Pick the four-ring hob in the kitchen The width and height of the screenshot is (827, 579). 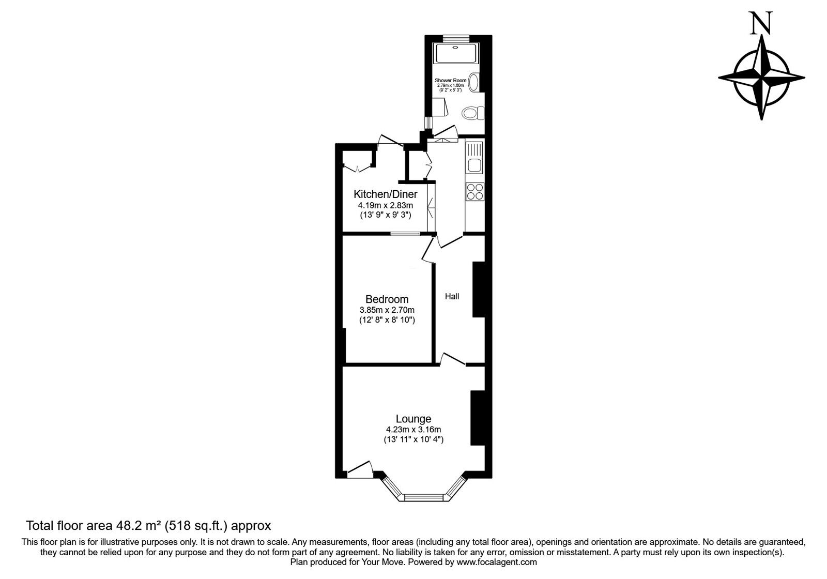[474, 192]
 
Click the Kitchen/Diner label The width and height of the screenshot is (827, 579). [385, 194]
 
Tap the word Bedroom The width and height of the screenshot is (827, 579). [387, 299]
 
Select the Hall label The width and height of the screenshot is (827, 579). [452, 296]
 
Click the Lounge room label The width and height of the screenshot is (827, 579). [413, 419]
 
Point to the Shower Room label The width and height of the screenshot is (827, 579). [451, 81]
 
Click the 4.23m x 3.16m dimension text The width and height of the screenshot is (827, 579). [413, 430]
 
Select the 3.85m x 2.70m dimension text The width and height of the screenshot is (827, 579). [387, 310]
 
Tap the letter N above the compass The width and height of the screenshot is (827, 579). [761, 24]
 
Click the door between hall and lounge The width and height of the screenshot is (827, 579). [452, 360]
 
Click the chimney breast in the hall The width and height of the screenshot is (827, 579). [478, 289]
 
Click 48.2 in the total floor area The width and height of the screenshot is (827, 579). [127, 526]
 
